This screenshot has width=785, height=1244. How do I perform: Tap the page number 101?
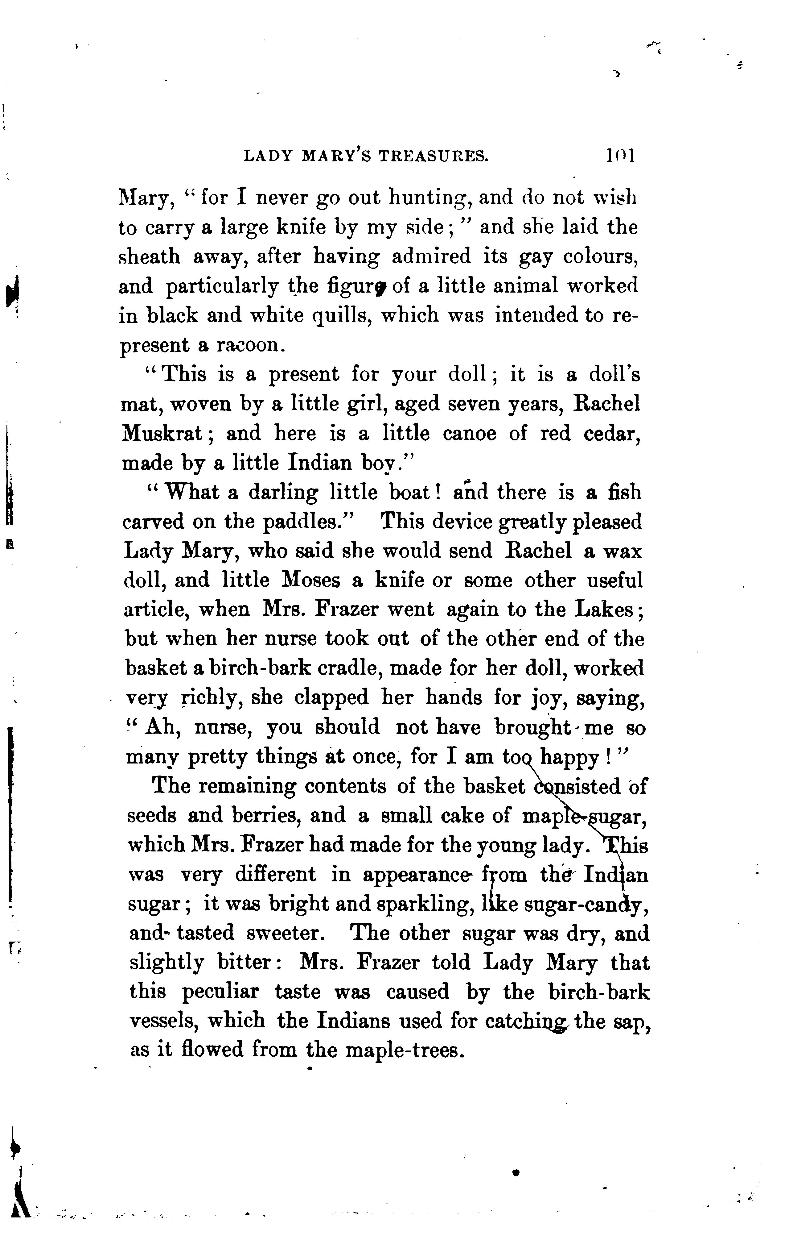click(620, 156)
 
